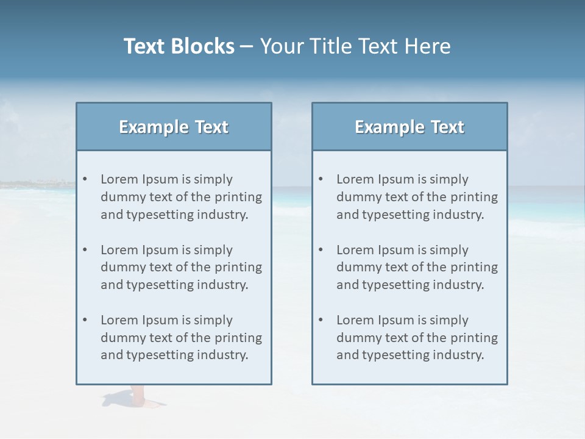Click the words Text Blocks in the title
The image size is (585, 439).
coord(179,46)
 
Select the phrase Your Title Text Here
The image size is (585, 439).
coord(355,46)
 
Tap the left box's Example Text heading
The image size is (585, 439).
coord(174,127)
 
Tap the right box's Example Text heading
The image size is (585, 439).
coord(409,127)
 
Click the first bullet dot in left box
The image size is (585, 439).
coord(85,179)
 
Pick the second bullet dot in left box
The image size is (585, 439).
coord(85,250)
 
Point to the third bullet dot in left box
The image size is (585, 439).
coord(85,320)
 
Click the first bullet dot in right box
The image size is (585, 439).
coord(321,179)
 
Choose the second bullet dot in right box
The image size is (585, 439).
coord(321,250)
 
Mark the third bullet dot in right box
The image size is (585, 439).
coord(321,320)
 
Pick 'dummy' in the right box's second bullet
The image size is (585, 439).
coord(356,267)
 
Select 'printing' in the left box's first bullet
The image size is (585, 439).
coord(239,197)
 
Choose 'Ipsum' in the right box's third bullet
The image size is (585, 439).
coord(396,320)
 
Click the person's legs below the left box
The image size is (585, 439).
coord(138,395)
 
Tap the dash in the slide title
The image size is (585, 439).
coord(247,46)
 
